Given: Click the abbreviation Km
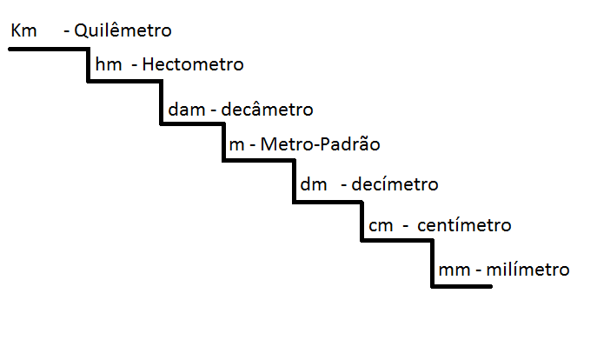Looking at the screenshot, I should (24, 31).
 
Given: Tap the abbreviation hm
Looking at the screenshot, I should (109, 65).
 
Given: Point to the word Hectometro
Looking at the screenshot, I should (192, 65).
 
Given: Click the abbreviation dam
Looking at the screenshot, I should (186, 110).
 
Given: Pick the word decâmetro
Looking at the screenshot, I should (268, 110).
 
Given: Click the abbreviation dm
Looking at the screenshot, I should (312, 184).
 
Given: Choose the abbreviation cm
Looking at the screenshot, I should (381, 226).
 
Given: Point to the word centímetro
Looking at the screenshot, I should (465, 226).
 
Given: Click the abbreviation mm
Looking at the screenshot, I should (454, 270).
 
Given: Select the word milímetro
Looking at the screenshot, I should (528, 270).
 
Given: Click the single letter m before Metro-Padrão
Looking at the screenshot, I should (235, 144).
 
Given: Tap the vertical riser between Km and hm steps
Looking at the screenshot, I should (89, 64).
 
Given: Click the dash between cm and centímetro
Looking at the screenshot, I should (405, 226).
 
